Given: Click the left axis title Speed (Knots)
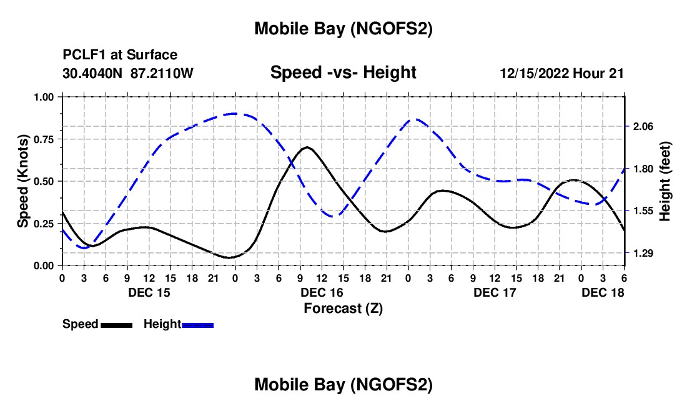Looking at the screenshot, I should [x=23, y=181].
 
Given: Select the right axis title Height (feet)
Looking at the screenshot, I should [x=665, y=181].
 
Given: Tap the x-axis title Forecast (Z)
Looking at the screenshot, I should [x=343, y=308].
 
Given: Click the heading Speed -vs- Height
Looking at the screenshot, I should [x=343, y=72].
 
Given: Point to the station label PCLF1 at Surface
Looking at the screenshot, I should [x=120, y=56].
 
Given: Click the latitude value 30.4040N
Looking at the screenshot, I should [x=94, y=73].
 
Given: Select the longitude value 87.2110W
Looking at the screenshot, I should [x=162, y=73].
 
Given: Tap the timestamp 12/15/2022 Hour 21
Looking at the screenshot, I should [x=561, y=73].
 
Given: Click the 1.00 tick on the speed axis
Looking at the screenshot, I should [x=44, y=97].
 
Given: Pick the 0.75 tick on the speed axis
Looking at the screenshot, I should [x=44, y=139].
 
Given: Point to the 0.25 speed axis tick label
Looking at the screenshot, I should [x=44, y=224].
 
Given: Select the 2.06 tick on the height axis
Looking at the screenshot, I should [x=643, y=126].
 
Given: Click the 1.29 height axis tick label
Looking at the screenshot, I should [x=643, y=253].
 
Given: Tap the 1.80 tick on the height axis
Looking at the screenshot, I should [x=643, y=169].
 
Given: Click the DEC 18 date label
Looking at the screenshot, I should [x=603, y=292].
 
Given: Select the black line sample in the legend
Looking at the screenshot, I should [x=116, y=324].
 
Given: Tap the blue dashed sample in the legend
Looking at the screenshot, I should [x=198, y=324].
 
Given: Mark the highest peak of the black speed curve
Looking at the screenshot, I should [x=307, y=147].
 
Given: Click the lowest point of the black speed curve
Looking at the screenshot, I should [x=230, y=257].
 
